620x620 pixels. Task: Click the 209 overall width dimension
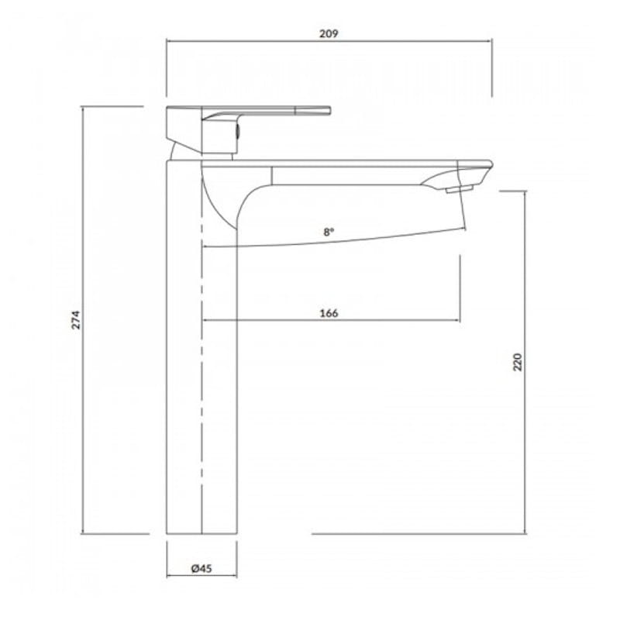(329, 33)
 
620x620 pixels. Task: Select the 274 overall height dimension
(76, 320)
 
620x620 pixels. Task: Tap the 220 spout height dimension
(518, 362)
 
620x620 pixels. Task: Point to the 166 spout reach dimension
(329, 313)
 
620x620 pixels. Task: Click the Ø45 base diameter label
(201, 569)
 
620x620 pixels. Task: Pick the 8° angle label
(329, 232)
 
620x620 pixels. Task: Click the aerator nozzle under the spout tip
(460, 189)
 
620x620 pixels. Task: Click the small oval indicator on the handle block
(237, 131)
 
